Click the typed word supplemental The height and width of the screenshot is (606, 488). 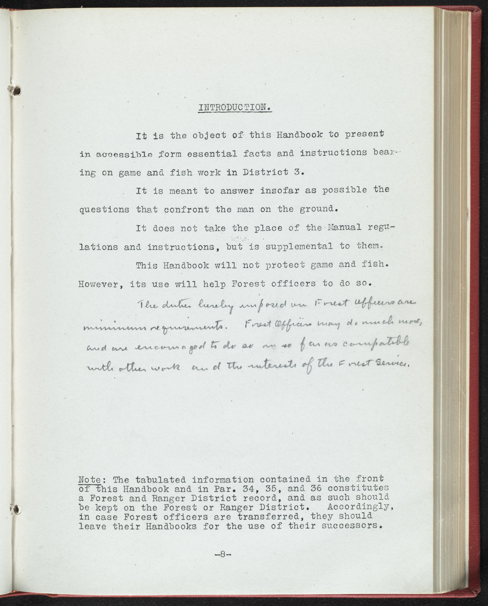pyautogui.click(x=299, y=247)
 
